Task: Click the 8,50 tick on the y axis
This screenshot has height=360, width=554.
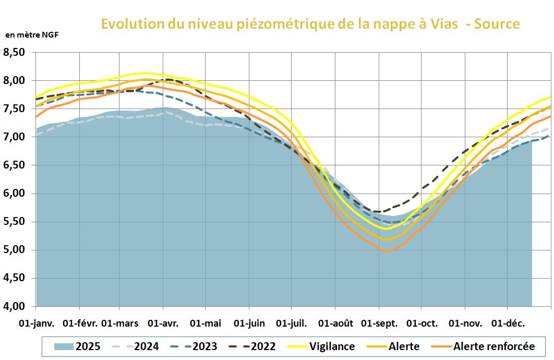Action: click(x=14, y=52)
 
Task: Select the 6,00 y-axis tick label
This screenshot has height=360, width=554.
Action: click(x=14, y=193)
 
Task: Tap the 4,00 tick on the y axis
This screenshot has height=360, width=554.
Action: click(x=14, y=306)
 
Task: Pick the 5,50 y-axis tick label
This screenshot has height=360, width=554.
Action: click(x=14, y=221)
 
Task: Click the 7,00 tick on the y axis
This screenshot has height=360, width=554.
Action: click(x=14, y=137)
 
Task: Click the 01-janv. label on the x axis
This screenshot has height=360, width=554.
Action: click(x=36, y=323)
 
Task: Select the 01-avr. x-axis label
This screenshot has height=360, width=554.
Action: click(x=163, y=323)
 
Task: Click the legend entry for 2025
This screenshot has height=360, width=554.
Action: click(x=77, y=346)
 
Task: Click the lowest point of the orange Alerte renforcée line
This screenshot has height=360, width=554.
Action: click(x=387, y=251)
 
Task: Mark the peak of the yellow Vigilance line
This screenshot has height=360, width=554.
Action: click(x=143, y=73)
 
